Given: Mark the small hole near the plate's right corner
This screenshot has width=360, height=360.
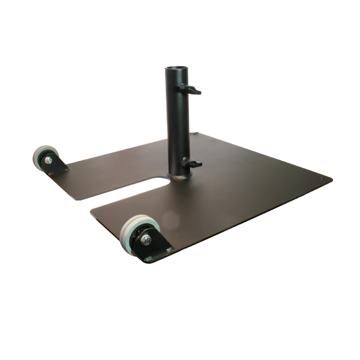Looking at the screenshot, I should (325, 178).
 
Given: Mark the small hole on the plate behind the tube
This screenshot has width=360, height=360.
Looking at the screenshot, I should (194, 134).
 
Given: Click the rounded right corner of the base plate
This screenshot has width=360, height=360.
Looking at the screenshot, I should (330, 179).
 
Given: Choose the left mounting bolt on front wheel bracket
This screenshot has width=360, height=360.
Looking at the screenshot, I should (148, 259).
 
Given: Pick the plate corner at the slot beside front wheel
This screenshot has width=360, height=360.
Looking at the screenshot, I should (91, 209).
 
